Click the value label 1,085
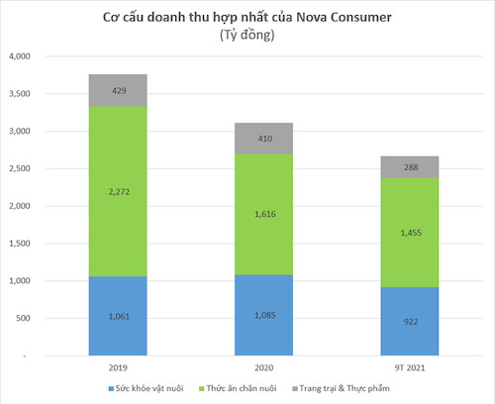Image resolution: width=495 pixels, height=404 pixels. click(x=263, y=316)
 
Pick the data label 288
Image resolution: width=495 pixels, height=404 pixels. click(x=409, y=168)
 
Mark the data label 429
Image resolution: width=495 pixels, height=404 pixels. click(x=117, y=90)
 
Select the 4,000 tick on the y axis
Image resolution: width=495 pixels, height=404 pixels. click(x=19, y=56)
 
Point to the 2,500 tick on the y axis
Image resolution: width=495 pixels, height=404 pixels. click(x=19, y=168)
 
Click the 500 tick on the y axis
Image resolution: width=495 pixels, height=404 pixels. click(x=24, y=318)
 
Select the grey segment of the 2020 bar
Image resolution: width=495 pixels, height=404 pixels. click(x=263, y=139)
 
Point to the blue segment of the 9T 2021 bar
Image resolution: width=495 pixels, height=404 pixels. click(x=409, y=321)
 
